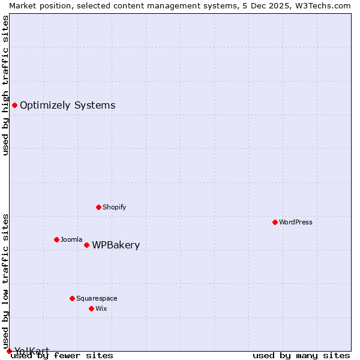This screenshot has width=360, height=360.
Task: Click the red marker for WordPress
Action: click(275, 222)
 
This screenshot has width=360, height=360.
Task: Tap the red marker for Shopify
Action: click(98, 207)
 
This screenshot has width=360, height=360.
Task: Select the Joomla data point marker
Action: click(56, 239)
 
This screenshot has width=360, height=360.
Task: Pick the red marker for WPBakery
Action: click(86, 245)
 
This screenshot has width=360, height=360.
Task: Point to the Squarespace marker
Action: click(72, 298)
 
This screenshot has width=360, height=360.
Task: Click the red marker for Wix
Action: click(91, 308)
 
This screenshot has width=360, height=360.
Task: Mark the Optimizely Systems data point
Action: click(14, 106)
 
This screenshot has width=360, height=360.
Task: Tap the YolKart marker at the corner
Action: click(9, 351)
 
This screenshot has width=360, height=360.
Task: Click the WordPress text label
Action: click(296, 222)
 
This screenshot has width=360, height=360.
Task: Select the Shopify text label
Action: click(114, 207)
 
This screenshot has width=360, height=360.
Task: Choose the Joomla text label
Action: click(71, 239)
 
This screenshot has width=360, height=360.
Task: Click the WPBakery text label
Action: click(116, 245)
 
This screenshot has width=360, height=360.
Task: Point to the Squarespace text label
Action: click(97, 298)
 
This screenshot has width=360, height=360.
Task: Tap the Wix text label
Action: click(101, 308)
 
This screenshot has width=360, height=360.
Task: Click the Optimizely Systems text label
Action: click(68, 106)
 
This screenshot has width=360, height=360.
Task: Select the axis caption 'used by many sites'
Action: click(301, 355)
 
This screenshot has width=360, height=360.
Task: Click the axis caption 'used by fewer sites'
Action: click(62, 355)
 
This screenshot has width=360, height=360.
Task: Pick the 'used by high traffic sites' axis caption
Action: click(6, 85)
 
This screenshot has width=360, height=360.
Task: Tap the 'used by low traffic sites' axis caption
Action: click(6, 281)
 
